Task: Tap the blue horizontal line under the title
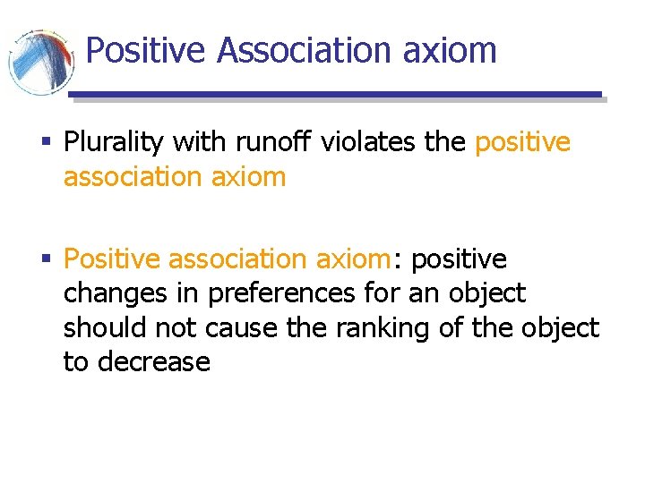coord(336,94)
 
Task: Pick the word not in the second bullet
coord(176,327)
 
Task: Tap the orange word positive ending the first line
coord(522,141)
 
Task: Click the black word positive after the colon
coord(459,259)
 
